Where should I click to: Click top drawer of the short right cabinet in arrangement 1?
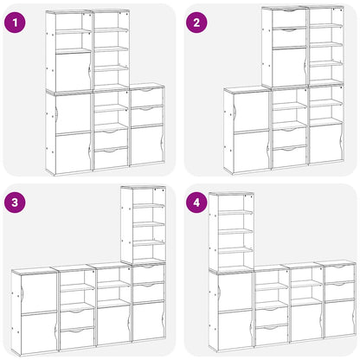click(x=146, y=97)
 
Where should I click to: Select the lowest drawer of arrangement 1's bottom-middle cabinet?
click(x=110, y=157)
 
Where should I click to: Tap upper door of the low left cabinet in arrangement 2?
click(x=250, y=110)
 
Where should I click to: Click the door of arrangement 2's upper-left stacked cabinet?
click(x=289, y=67)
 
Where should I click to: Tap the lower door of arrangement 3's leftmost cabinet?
click(x=35, y=333)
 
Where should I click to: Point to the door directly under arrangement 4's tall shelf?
click(x=232, y=290)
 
